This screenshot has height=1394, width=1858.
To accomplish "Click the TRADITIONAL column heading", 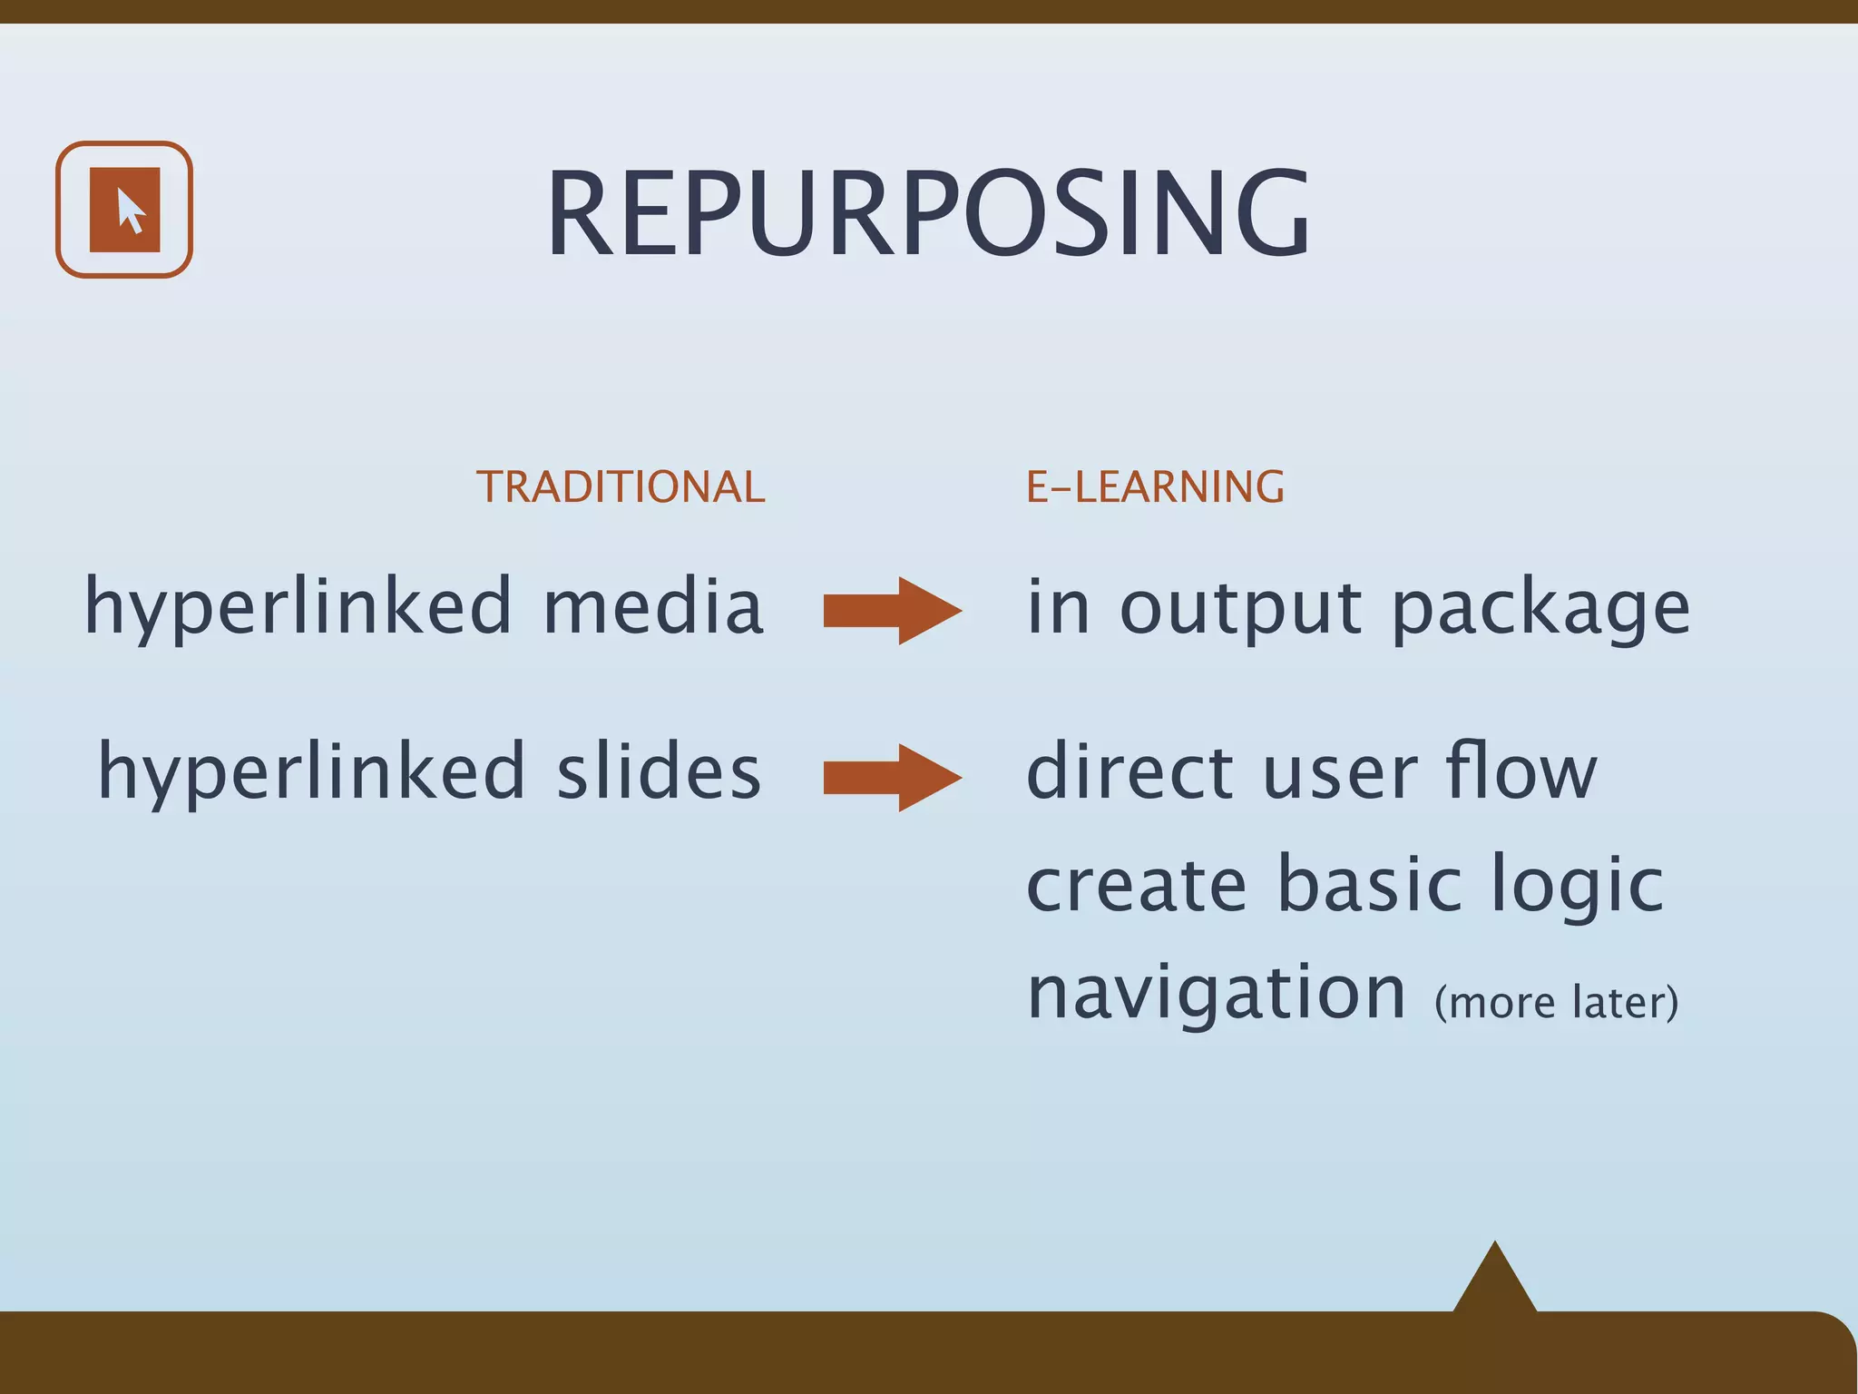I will point(621,486).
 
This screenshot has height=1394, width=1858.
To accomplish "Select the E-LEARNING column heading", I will point(1155,486).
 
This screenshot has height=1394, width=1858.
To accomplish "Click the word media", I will point(653,606).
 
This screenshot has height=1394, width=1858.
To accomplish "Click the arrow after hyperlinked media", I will point(892,610).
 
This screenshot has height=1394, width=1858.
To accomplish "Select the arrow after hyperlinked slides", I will point(892,777).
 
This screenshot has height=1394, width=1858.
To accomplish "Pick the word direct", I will point(1130,771).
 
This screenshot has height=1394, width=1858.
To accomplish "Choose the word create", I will point(1136,885).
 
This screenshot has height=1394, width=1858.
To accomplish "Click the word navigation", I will point(1216,995).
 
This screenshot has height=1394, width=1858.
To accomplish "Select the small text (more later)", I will point(1556,1002).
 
